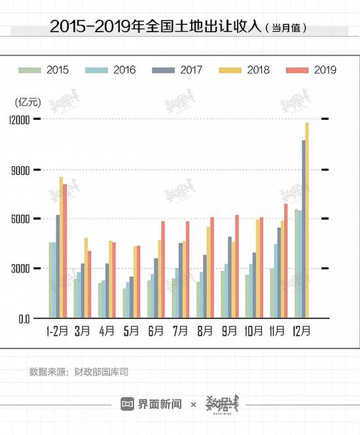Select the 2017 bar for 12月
coord(304,229)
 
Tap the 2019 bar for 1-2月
coord(65,252)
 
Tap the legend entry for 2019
coord(312,69)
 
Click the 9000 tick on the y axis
coord(21,170)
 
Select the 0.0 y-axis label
coord(24,318)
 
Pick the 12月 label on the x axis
coord(302,330)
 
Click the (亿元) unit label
coord(27,101)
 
